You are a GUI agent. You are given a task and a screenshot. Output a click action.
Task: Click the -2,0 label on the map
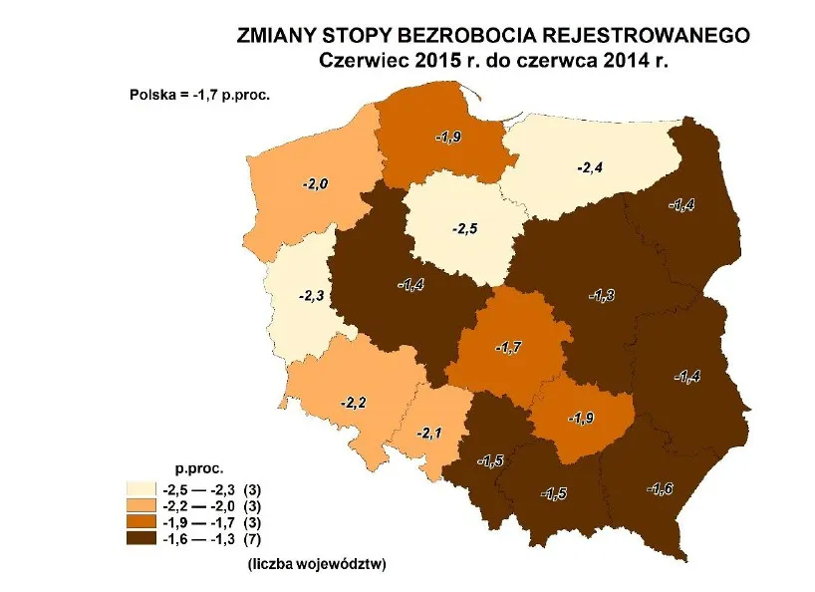tap(316, 184)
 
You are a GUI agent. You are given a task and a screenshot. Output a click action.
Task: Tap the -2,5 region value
tap(465, 229)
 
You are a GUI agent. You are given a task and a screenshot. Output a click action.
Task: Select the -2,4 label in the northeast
tap(590, 167)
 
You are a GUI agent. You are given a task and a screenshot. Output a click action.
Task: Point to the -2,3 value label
tap(311, 296)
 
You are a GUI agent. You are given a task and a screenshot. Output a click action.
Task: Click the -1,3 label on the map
tap(602, 295)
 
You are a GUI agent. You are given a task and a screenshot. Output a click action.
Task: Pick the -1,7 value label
tap(507, 348)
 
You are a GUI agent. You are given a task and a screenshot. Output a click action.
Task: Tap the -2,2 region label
tap(354, 403)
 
